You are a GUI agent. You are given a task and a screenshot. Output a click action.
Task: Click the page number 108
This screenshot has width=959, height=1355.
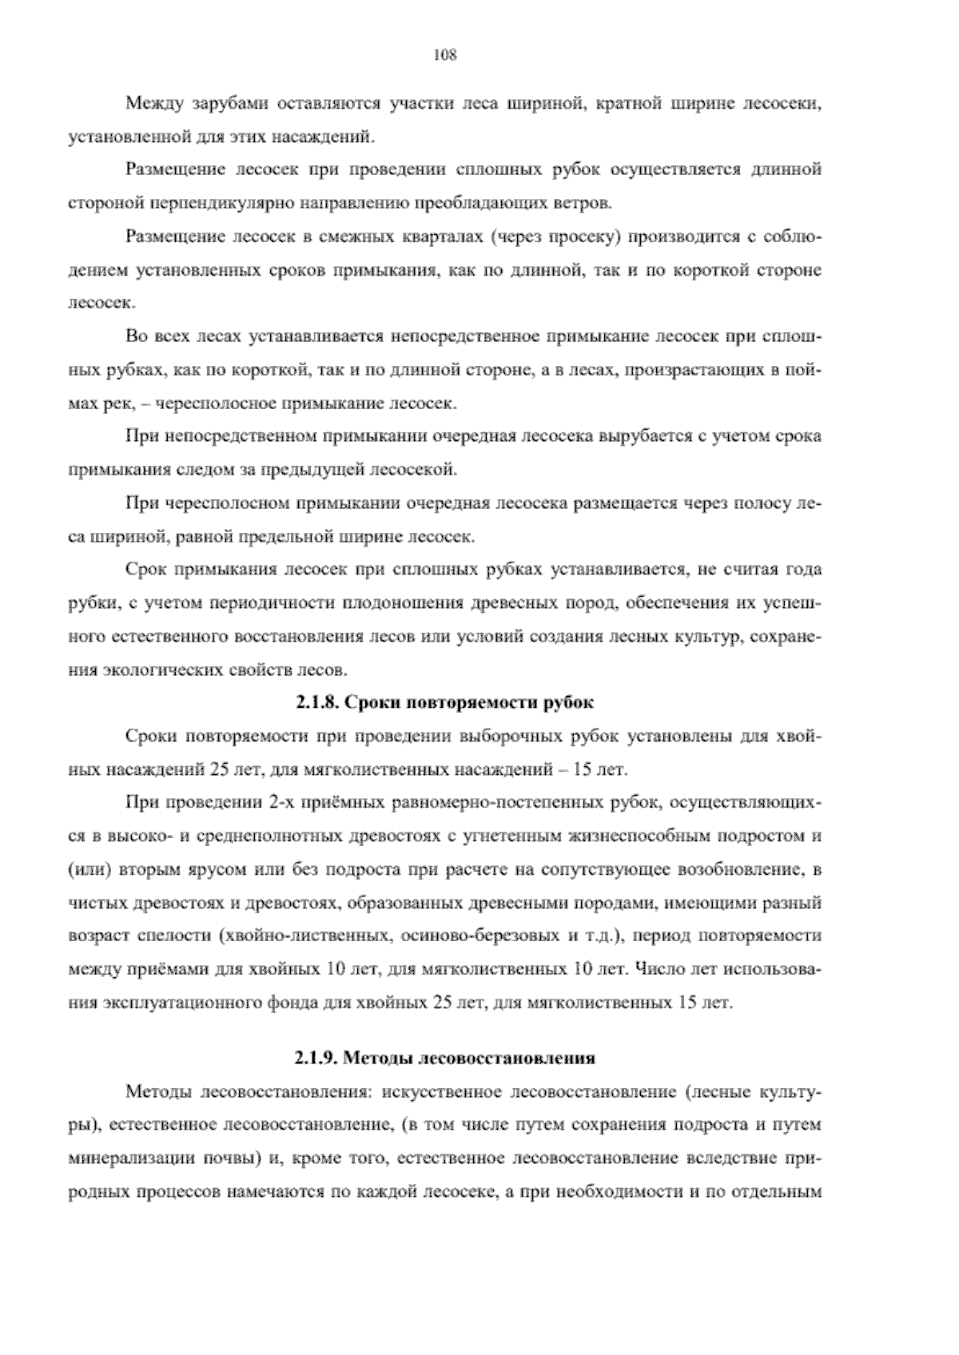[x=444, y=55]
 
